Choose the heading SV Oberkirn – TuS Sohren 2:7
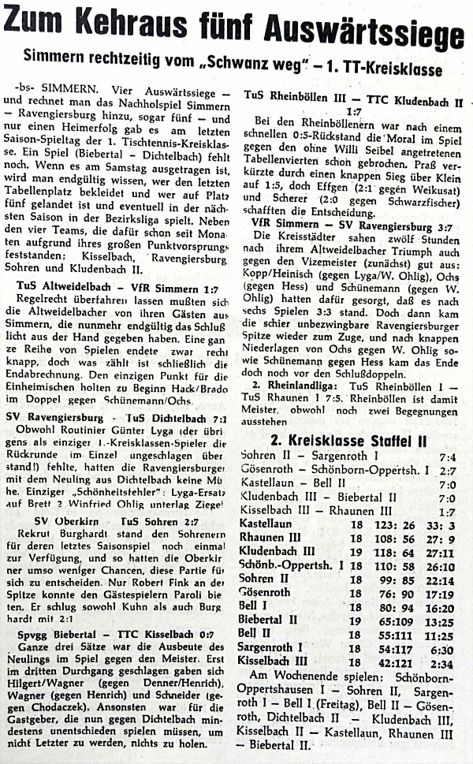point(118,523)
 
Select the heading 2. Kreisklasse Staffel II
point(349,438)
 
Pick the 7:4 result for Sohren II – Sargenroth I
point(448,456)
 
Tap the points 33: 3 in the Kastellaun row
point(441,524)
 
